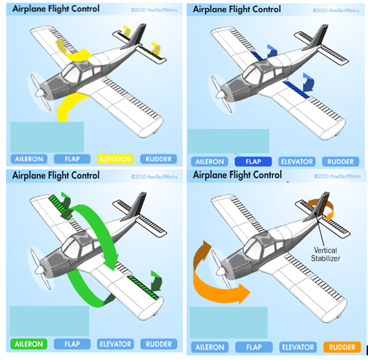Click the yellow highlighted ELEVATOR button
[115, 159]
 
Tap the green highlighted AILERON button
[27, 344]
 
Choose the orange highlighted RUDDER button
[342, 347]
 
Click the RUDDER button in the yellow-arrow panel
[159, 159]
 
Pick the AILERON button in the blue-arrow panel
[208, 161]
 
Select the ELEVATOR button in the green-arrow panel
[115, 344]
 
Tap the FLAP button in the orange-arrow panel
[252, 347]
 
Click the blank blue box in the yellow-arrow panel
[46, 137]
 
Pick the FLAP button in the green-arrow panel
[71, 344]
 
